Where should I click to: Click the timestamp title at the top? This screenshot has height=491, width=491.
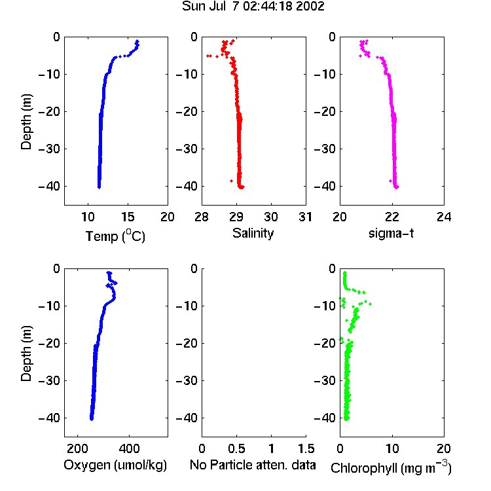click(x=253, y=7)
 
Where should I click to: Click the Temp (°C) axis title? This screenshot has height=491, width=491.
click(x=115, y=236)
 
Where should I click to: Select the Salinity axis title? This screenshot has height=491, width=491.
click(x=253, y=233)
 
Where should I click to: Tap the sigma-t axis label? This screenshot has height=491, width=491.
click(x=391, y=233)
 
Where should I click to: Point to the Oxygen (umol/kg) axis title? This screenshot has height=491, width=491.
click(x=115, y=465)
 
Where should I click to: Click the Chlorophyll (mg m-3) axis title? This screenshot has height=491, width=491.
click(x=391, y=467)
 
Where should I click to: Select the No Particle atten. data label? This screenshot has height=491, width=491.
click(x=253, y=465)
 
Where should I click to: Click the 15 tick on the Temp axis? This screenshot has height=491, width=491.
click(x=128, y=217)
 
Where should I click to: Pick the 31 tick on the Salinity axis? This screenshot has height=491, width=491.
click(x=305, y=217)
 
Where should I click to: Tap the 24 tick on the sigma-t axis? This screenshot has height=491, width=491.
click(x=444, y=217)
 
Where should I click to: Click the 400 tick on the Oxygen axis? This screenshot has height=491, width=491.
click(x=129, y=448)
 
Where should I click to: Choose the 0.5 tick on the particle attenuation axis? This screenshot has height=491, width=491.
click(x=236, y=448)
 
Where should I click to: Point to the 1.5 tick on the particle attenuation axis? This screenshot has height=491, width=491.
click(x=306, y=448)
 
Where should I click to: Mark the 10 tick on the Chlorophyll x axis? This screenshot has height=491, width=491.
click(x=392, y=448)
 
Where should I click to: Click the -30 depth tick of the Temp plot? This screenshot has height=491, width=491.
click(x=49, y=149)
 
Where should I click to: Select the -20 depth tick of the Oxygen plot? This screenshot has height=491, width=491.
click(x=49, y=343)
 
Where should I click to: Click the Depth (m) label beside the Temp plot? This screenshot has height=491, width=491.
click(x=26, y=122)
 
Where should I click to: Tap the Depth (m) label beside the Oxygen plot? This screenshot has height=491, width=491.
click(x=26, y=354)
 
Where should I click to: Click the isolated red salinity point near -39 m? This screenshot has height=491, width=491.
click(x=231, y=181)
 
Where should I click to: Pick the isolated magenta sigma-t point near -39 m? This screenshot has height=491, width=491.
click(x=390, y=181)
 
